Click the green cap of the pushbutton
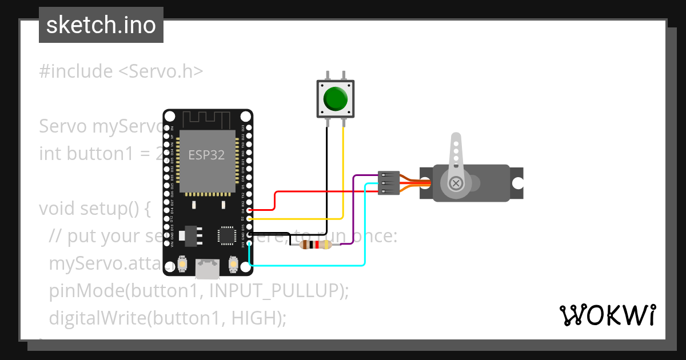pos(336,99)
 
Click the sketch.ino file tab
pos(101,25)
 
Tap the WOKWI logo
pos(607,315)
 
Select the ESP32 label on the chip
pos(206,155)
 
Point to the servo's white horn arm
pos(456,157)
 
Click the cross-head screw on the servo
pos(456,183)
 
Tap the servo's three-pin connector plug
pos(388,183)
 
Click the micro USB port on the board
pos(208,268)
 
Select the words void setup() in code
pos(94,208)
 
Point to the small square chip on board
pos(226,235)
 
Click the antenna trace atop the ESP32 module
pos(206,120)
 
